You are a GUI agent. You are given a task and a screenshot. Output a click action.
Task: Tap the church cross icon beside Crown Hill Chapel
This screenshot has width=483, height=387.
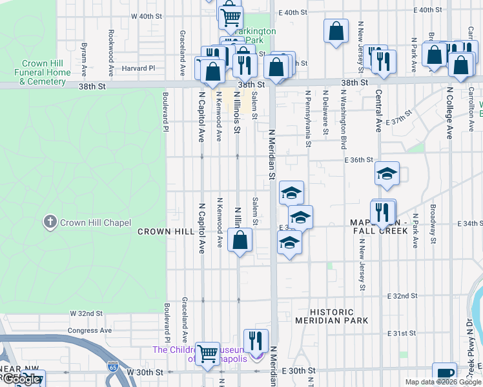point(50,223)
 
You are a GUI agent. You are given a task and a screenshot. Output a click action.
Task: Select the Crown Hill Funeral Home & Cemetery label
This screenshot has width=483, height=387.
point(46,72)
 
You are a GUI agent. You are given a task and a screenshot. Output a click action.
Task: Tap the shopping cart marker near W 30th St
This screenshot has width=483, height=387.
point(207,353)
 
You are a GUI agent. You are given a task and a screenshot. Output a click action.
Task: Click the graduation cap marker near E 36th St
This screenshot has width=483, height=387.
point(387,174)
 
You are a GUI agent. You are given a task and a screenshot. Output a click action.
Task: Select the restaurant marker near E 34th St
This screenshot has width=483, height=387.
point(384,211)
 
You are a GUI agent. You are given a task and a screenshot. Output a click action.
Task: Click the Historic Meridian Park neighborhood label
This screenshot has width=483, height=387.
point(331,316)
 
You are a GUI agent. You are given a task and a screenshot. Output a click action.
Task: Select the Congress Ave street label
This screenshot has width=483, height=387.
point(90,330)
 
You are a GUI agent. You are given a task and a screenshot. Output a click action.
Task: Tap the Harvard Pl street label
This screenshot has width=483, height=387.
point(139,68)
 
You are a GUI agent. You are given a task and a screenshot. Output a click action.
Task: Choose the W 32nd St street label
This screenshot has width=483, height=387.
point(86,313)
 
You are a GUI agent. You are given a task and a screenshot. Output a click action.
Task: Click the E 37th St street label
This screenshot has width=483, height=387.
point(398,122)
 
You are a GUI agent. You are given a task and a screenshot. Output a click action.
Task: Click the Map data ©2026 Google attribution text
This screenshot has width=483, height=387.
point(443,382)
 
